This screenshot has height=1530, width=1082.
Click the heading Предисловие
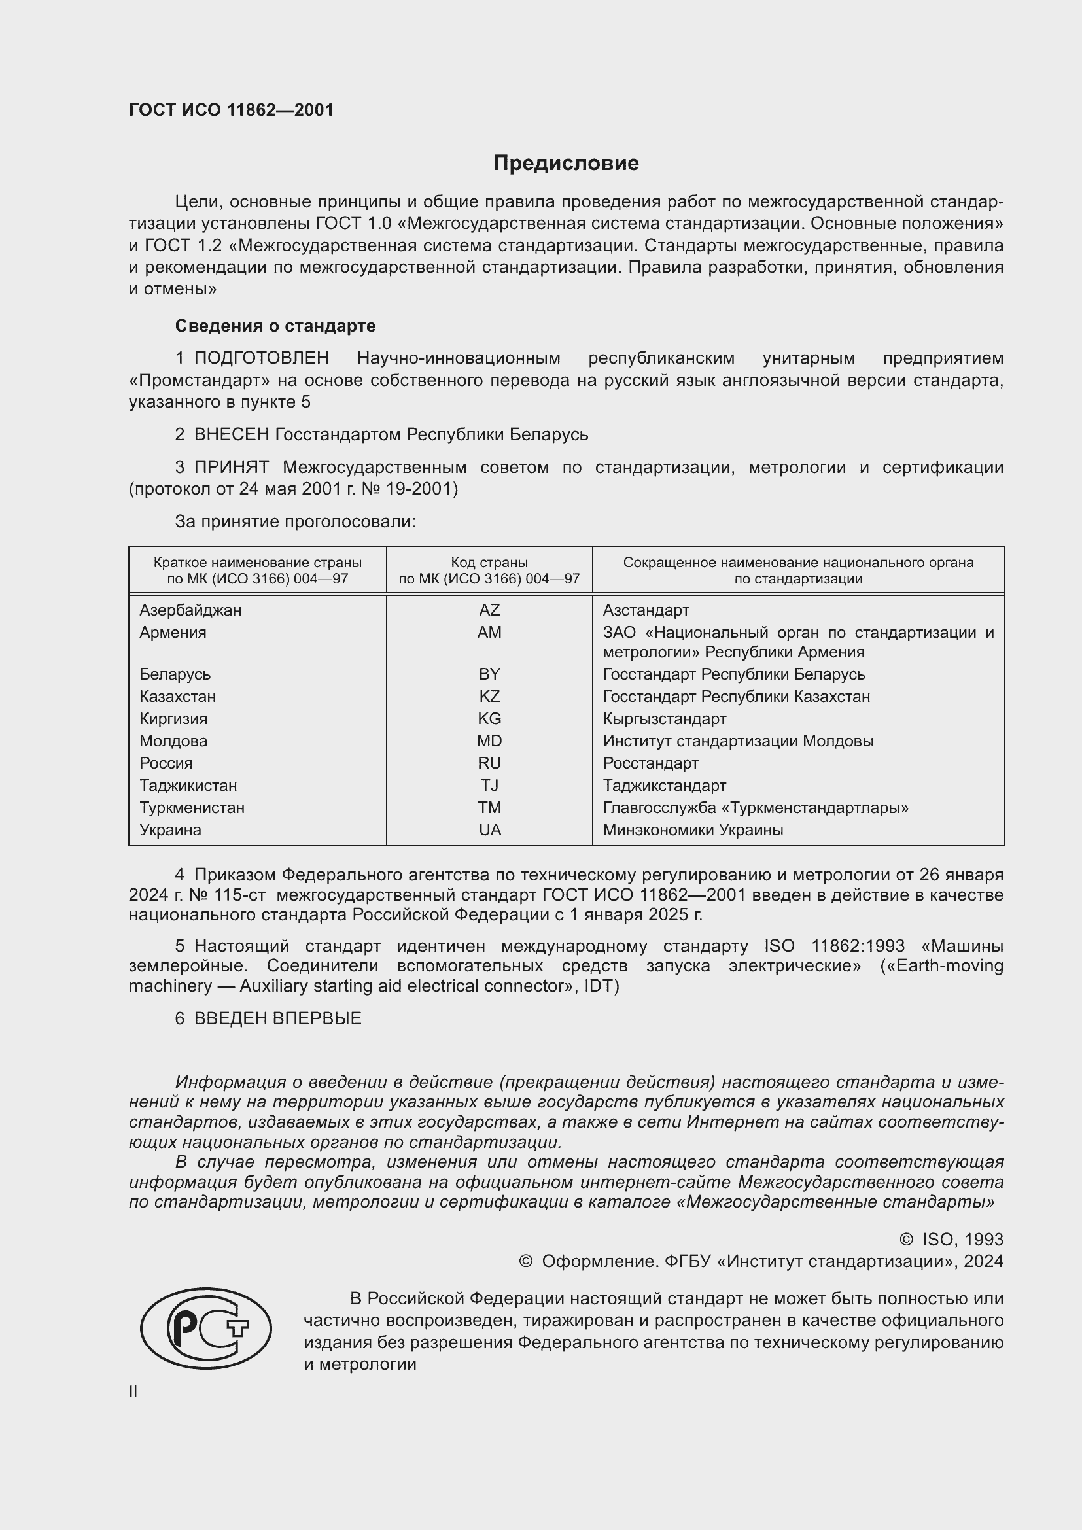pyautogui.click(x=566, y=164)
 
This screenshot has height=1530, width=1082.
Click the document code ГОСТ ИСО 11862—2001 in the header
pyautogui.click(x=231, y=110)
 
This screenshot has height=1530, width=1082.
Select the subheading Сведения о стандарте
pyautogui.click(x=275, y=326)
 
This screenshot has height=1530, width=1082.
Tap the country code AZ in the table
pyautogui.click(x=489, y=610)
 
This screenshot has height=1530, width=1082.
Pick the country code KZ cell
pyautogui.click(x=489, y=697)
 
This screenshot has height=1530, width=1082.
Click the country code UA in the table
pyautogui.click(x=489, y=829)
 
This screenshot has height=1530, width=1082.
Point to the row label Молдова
pyautogui.click(x=173, y=741)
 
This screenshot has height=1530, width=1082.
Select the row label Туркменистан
pyautogui.click(x=192, y=808)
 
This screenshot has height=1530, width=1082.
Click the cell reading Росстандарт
pyautogui.click(x=650, y=763)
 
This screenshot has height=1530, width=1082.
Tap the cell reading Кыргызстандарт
pyautogui.click(x=664, y=718)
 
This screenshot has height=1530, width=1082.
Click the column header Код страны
pyautogui.click(x=489, y=563)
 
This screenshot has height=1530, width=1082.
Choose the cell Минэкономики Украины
pyautogui.click(x=693, y=829)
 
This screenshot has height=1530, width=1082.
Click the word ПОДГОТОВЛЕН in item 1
pyautogui.click(x=261, y=358)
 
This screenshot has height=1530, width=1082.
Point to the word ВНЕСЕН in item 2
pyautogui.click(x=231, y=434)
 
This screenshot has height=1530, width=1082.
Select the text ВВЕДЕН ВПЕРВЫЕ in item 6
pyautogui.click(x=277, y=1018)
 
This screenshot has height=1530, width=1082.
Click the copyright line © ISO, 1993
pyautogui.click(x=951, y=1240)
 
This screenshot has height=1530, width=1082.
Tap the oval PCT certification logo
pyautogui.click(x=206, y=1328)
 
